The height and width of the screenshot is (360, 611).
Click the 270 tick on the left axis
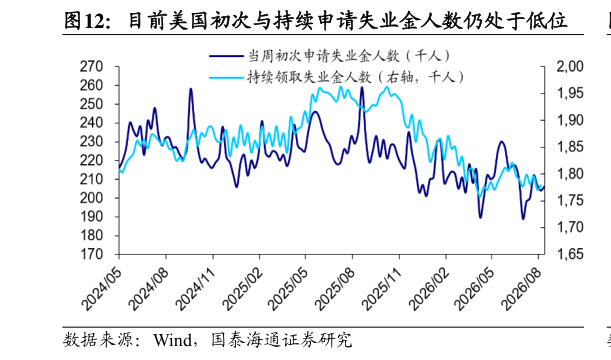coord(91,67)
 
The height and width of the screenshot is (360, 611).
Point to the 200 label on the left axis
coord(91,198)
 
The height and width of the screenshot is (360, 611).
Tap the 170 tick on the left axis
coord(91,254)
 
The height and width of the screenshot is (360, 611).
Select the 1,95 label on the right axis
coord(570,94)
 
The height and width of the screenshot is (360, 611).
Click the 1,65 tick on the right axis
coord(570,254)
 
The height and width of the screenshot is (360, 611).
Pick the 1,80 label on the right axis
coord(570,174)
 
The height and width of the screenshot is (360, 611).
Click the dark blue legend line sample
coord(226,56)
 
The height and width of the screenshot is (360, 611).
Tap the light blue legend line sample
coord(226,78)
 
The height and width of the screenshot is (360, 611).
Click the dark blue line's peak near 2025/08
coord(362,87)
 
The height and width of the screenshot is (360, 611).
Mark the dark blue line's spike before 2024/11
coord(191,89)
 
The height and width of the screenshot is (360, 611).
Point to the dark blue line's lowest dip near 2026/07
coord(523,219)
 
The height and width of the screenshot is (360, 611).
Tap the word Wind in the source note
coord(173,340)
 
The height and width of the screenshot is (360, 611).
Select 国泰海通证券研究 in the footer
coord(281,340)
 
